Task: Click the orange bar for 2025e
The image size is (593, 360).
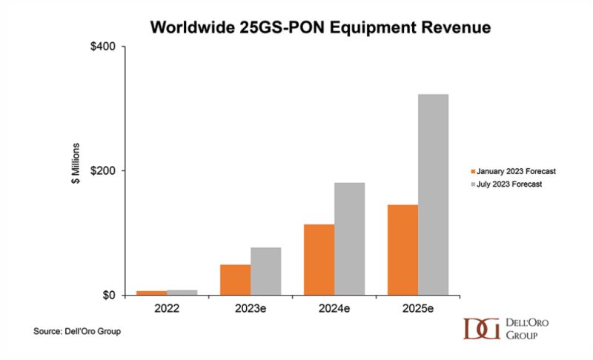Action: [403, 250]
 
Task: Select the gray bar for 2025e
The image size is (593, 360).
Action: [434, 195]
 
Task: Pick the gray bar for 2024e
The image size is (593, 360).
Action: [350, 239]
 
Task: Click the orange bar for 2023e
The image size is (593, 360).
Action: [236, 279]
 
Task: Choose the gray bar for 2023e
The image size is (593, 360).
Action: [266, 271]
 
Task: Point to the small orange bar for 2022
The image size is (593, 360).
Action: [152, 293]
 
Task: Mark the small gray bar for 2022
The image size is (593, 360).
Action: [182, 293]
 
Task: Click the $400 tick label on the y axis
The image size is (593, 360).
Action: [103, 47]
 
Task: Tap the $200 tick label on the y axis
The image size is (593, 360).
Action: [103, 171]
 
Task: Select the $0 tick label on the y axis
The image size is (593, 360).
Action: [108, 296]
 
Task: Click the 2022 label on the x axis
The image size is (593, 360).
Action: [167, 308]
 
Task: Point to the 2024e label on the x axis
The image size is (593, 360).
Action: [334, 308]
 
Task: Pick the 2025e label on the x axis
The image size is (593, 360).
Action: [418, 308]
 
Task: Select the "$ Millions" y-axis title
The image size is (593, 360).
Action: [76, 170]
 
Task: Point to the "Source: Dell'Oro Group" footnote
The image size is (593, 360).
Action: [77, 331]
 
